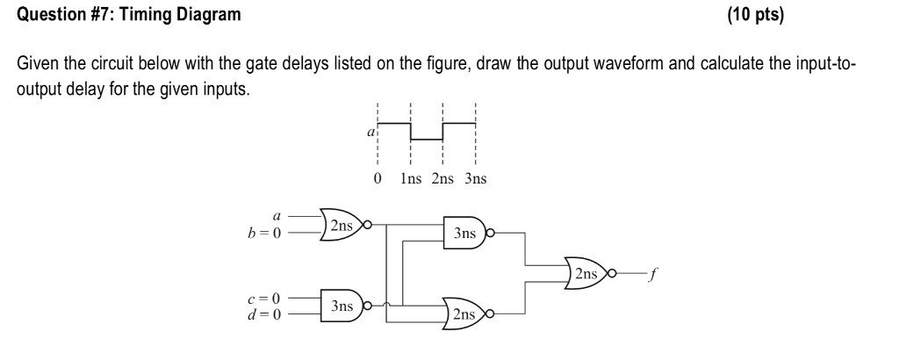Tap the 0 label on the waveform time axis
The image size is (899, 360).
pos(377,179)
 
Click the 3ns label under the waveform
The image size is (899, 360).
pos(475,179)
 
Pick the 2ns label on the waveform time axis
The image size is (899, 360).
pos(443,179)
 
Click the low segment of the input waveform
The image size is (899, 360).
pos(427,140)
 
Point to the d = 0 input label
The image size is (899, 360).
pos(266,313)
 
